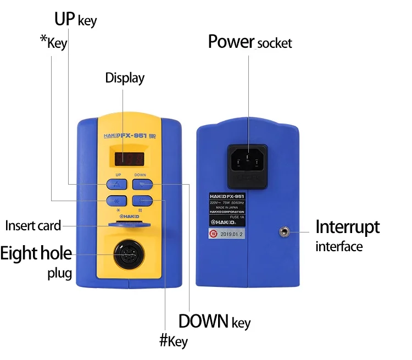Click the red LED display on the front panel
130,158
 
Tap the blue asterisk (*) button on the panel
118,201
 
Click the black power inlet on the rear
248,160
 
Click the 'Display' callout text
125,78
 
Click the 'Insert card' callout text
32,225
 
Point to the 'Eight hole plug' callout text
36,262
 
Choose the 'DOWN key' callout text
214,321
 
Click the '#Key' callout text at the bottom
173,341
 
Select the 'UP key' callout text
75,20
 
